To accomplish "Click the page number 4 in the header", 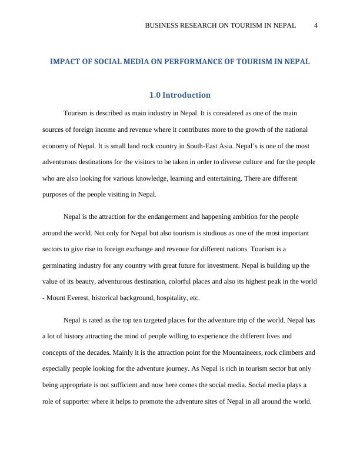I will click(316, 25).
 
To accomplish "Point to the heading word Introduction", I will click(186, 95).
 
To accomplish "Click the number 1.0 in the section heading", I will click(155, 95).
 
